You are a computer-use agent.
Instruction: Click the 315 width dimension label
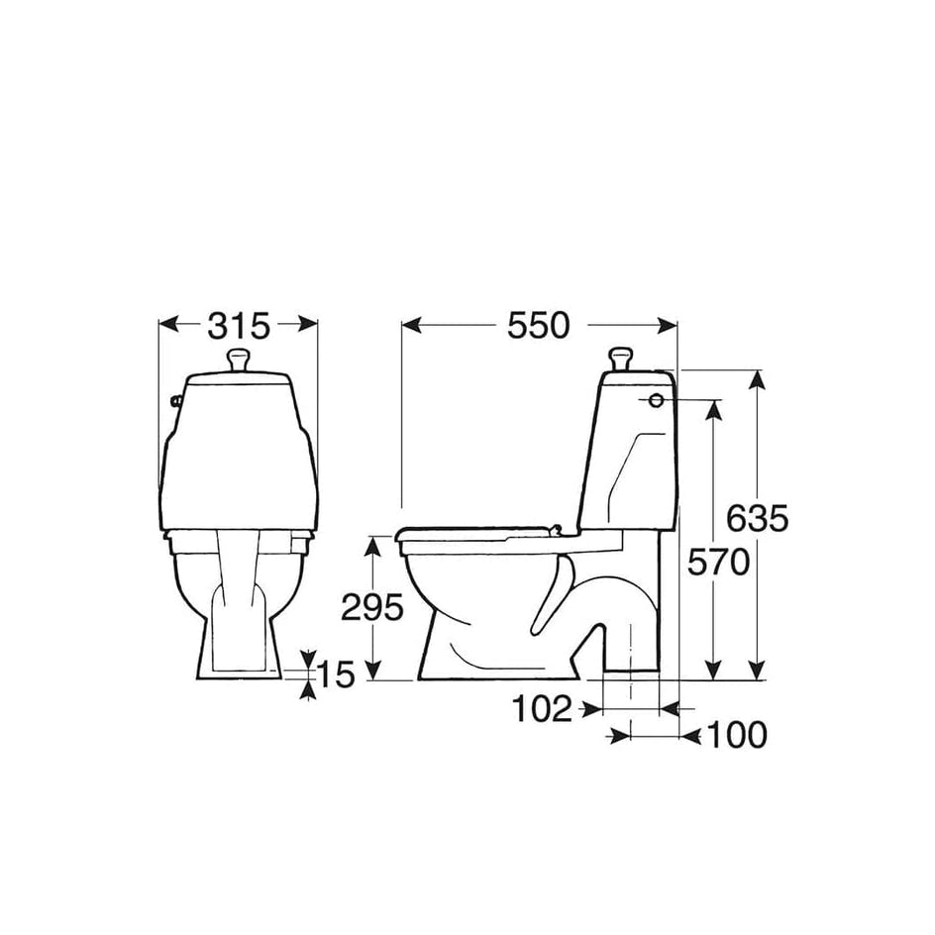[x=239, y=326]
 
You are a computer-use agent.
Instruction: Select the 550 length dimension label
[x=539, y=326]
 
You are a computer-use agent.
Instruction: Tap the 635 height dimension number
[x=758, y=518]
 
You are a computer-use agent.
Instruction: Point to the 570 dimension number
[x=718, y=563]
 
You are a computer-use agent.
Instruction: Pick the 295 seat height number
[x=372, y=608]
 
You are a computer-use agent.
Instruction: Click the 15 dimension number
[x=336, y=675]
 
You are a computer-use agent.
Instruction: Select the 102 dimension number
[x=542, y=709]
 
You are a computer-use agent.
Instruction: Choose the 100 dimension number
[x=737, y=735]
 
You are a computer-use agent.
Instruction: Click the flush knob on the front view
[x=239, y=361]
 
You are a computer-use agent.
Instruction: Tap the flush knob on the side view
[x=619, y=361]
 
